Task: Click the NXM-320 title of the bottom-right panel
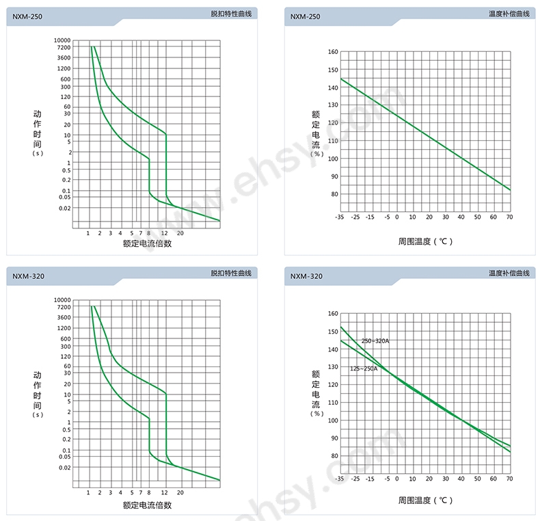pos(306,276)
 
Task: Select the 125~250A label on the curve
pos(364,369)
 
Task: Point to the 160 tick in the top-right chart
pos(333,51)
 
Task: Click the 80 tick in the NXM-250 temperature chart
pos(334,194)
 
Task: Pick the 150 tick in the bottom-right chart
pos(333,332)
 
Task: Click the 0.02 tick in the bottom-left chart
pos(64,468)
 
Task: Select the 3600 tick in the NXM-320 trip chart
pos(64,317)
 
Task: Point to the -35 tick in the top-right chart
pos(339,217)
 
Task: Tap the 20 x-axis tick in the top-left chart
pos(180,234)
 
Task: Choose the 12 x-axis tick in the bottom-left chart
pos(164,493)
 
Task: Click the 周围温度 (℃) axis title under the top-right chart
pos(425,241)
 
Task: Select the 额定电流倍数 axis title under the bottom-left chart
pos(147,505)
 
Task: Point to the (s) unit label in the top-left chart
pos(38,153)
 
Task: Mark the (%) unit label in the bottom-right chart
pos(316,413)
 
